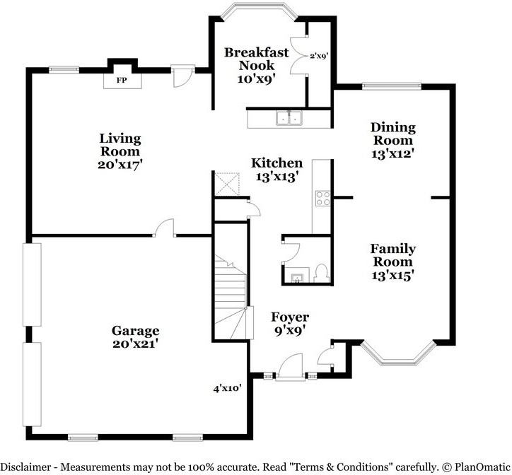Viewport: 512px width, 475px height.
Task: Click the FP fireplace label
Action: click(122, 80)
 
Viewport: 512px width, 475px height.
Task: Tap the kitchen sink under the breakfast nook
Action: click(289, 118)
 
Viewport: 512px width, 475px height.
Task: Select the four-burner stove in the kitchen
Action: click(322, 198)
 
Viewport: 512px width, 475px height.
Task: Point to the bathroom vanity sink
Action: click(297, 278)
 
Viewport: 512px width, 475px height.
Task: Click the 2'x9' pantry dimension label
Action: click(319, 56)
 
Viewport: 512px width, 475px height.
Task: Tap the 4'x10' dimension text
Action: click(227, 388)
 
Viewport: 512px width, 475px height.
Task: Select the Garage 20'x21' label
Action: click(136, 337)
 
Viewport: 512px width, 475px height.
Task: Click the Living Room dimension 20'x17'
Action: click(120, 164)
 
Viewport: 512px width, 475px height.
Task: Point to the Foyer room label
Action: click(290, 317)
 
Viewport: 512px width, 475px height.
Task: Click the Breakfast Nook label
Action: click(257, 59)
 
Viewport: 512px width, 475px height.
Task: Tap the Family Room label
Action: click(392, 255)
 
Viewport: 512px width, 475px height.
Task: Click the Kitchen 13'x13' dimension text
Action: click(277, 177)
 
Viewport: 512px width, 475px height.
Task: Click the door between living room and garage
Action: click(165, 227)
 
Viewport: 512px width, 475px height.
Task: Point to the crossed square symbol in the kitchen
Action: click(227, 184)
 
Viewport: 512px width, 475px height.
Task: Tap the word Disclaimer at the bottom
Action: click(25, 467)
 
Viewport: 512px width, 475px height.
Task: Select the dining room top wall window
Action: click(392, 86)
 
